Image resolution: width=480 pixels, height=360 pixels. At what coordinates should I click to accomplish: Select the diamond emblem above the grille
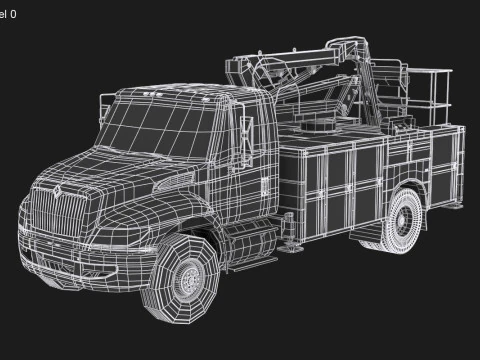[x=58, y=187]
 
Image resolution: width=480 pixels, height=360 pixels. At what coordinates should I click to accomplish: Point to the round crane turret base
[x=321, y=129]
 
